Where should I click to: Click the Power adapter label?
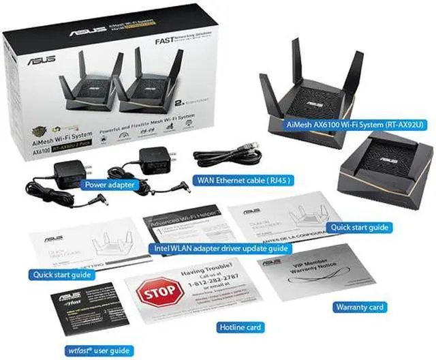tap(108, 184)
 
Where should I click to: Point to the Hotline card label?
tap(239, 327)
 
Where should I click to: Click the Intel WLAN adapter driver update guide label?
tap(217, 248)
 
